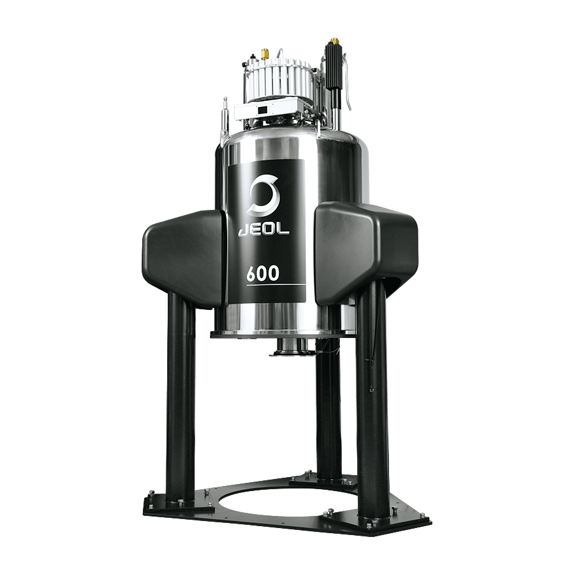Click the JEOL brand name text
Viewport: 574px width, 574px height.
pos(263,229)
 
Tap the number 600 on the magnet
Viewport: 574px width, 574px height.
pos(263,273)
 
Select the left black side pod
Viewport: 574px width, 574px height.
pos(182,259)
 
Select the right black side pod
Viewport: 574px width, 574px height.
pos(366,253)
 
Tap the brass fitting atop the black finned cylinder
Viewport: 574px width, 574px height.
pos(334,40)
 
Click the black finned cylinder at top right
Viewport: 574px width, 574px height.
pos(333,66)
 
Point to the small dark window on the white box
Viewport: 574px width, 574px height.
pos(263,110)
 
